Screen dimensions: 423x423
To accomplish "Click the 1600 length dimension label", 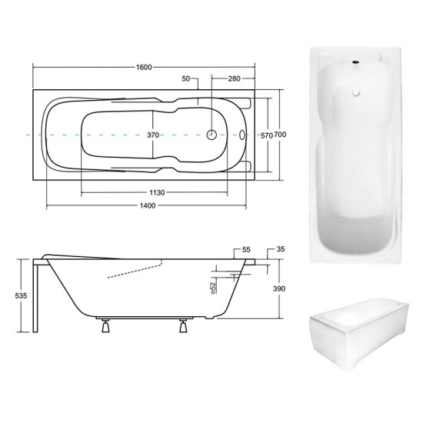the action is click(144, 67).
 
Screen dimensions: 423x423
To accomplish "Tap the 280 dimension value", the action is click(234, 78).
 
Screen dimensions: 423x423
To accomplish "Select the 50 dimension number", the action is click(186, 78).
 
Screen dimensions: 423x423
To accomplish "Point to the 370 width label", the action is click(153, 135).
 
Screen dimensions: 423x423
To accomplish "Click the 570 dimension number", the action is click(266, 135).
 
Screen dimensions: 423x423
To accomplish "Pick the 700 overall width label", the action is click(280, 135).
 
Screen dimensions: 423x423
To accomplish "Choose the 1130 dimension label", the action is click(157, 192).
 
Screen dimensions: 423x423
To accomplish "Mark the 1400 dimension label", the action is click(148, 206).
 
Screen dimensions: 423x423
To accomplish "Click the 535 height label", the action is click(21, 295).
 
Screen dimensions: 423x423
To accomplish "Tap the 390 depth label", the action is click(279, 288).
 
